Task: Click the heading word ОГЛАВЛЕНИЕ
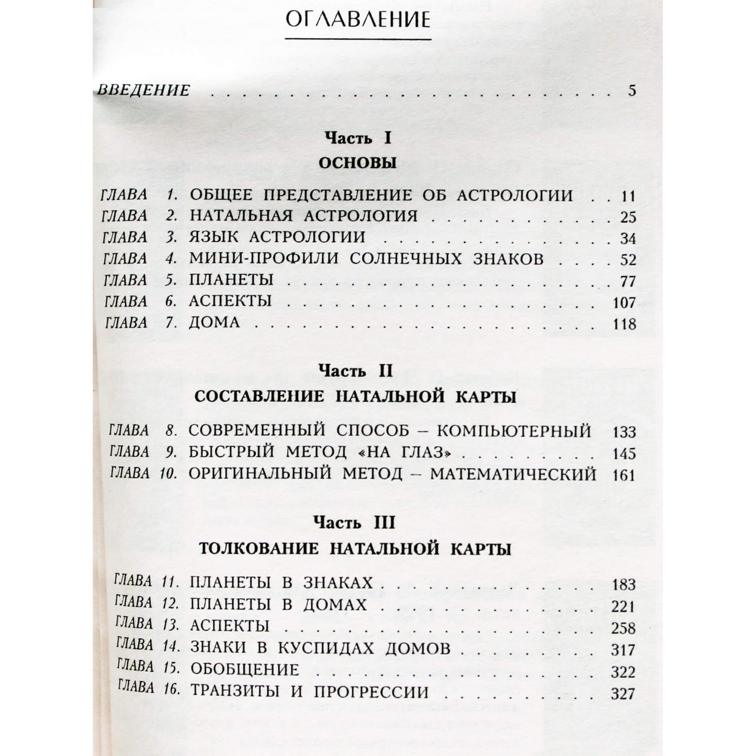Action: point(358,20)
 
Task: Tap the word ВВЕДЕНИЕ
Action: point(144,90)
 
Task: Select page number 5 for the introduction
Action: point(632,91)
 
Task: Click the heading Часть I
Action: point(358,138)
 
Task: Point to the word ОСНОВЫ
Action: point(358,163)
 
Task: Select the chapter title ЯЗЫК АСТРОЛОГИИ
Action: point(277,237)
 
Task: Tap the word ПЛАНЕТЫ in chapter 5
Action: point(231,279)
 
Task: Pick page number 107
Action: point(624,303)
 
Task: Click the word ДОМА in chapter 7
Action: point(215,322)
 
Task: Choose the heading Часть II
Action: point(356,371)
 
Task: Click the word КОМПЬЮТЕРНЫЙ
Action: point(514,431)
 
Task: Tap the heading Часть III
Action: point(355,523)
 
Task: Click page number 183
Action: point(623,584)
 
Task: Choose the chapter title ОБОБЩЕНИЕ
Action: point(244,670)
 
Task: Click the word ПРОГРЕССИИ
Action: point(371,692)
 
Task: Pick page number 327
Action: point(623,694)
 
